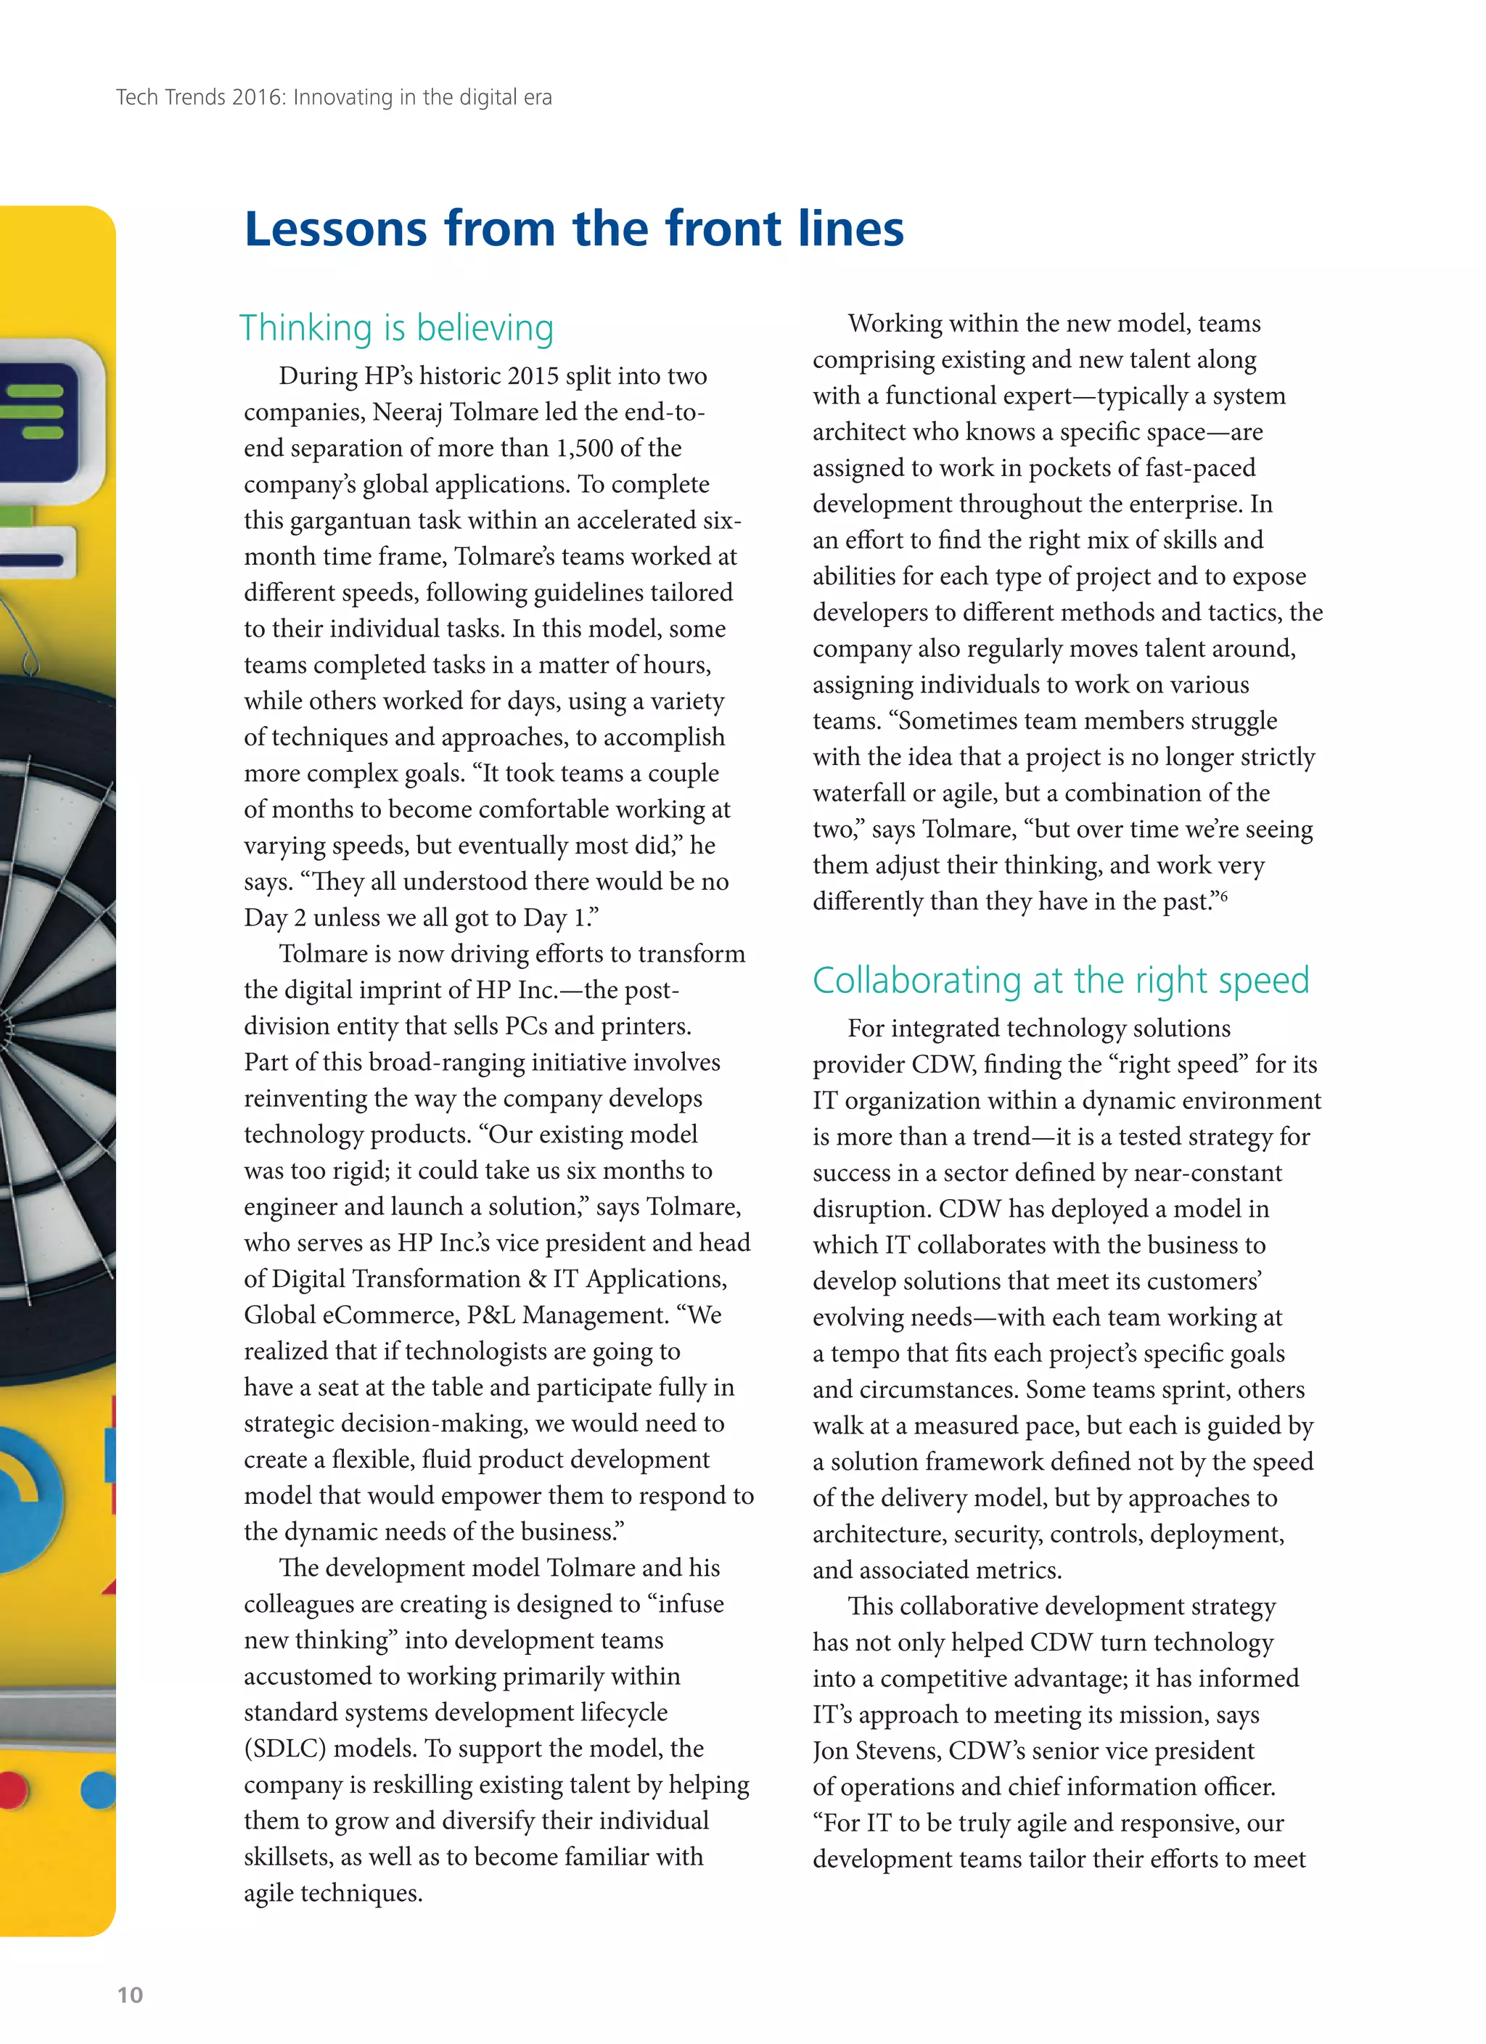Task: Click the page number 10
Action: (x=130, y=1995)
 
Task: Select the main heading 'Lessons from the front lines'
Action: (x=574, y=229)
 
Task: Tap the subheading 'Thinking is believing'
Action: (x=396, y=328)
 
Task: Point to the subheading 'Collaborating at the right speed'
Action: (x=1061, y=980)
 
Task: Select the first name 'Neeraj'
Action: (x=407, y=412)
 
